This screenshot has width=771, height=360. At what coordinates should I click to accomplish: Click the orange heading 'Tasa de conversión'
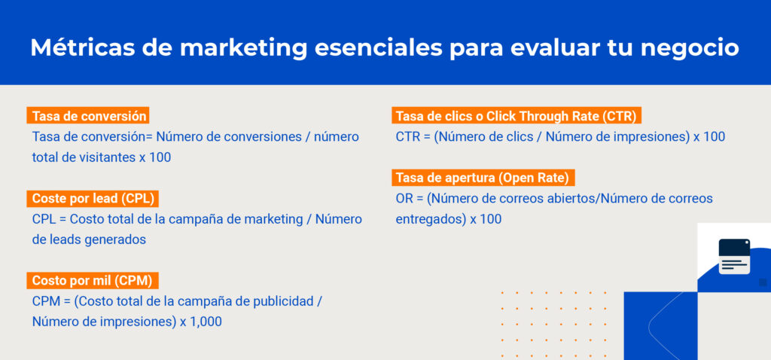click(x=89, y=116)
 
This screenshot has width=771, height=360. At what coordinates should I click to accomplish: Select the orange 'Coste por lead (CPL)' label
click(x=96, y=198)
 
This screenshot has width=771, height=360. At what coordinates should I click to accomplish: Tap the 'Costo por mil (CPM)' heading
click(x=92, y=280)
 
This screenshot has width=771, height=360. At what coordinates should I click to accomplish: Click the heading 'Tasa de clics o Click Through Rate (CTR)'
click(x=517, y=116)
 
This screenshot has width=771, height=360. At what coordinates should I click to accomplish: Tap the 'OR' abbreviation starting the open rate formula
click(x=404, y=199)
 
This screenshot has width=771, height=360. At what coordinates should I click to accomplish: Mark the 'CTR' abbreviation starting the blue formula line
click(x=407, y=137)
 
